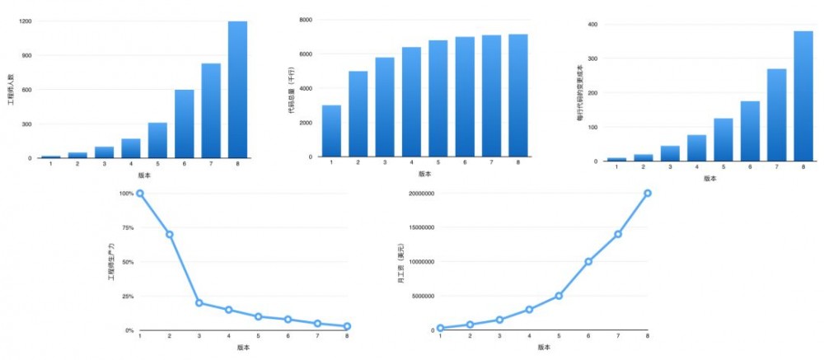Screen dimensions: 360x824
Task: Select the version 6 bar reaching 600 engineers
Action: point(185,124)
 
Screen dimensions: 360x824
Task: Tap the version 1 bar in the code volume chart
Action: point(331,131)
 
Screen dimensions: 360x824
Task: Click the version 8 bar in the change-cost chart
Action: point(803,96)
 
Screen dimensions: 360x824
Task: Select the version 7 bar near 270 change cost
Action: point(776,115)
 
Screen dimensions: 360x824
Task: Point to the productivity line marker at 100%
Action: point(140,194)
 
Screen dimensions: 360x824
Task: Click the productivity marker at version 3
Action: point(199,303)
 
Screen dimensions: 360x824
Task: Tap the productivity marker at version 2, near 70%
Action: point(170,235)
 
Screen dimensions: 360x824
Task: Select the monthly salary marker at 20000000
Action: point(648,194)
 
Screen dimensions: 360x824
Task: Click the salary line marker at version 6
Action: point(588,262)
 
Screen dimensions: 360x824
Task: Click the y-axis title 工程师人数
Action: point(11,89)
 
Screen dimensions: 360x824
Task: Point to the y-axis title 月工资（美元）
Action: point(400,264)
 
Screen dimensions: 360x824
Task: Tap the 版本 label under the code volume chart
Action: point(424,174)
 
